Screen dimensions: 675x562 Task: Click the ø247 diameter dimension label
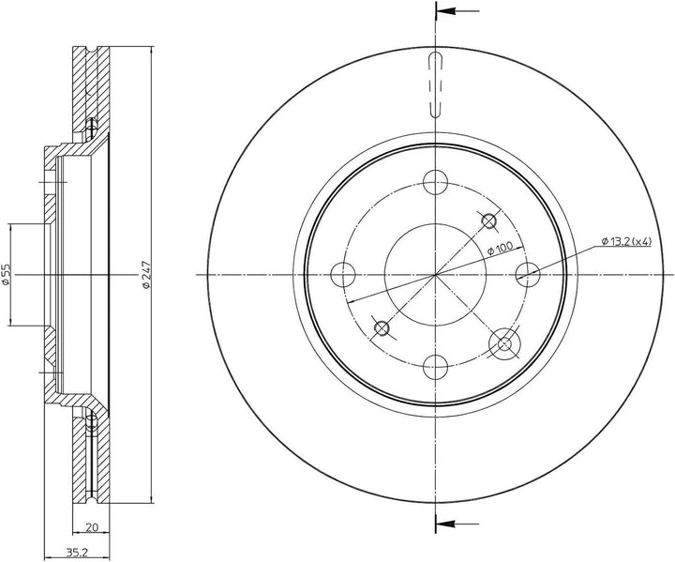pyautogui.click(x=146, y=275)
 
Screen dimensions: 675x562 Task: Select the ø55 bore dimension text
pyautogui.click(x=6, y=275)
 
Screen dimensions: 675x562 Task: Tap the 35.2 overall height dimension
pyautogui.click(x=74, y=552)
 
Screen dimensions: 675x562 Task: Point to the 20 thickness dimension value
pyautogui.click(x=91, y=526)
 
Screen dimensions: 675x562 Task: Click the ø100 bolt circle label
pyautogui.click(x=500, y=249)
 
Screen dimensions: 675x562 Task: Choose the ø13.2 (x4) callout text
pyautogui.click(x=626, y=242)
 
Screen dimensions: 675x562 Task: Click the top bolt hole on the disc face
pyautogui.click(x=436, y=182)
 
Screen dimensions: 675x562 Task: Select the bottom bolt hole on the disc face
pyautogui.click(x=436, y=367)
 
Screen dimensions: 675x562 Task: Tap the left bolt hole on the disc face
pyautogui.click(x=343, y=275)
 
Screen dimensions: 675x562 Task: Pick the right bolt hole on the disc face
pyautogui.click(x=528, y=275)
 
